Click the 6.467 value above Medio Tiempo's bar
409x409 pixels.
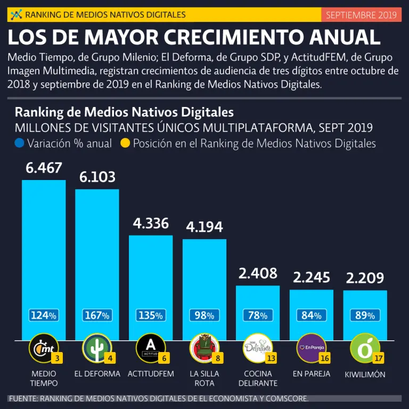point(44,168)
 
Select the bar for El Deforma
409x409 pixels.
point(97,250)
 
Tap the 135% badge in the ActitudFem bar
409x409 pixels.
point(151,315)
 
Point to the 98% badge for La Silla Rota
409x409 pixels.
point(204,315)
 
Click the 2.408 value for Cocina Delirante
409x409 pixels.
point(258,274)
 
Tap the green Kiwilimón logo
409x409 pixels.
point(364,348)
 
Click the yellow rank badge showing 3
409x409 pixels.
point(57,358)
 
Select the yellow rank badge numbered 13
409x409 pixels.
point(272,358)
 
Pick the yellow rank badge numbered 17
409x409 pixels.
point(379,358)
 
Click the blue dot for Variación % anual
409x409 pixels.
point(20,143)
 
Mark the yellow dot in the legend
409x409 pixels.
point(126,143)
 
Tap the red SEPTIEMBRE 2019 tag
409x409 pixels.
point(361,15)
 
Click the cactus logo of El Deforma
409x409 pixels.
point(96,348)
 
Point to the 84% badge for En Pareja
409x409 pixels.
point(312,315)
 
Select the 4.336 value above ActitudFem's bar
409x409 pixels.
point(151,224)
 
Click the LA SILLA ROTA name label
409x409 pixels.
point(204,378)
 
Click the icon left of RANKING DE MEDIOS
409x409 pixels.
point(17,14)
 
